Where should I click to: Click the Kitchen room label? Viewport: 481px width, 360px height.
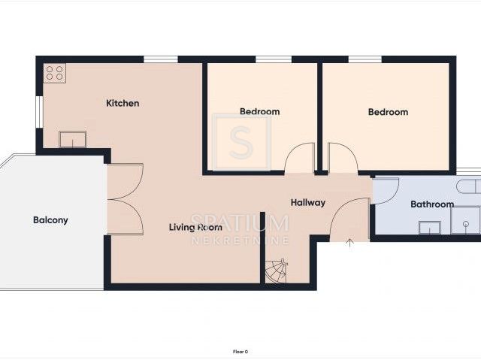click(x=123, y=103)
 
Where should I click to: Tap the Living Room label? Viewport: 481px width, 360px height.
click(x=195, y=227)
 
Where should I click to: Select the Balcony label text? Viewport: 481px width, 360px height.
click(x=50, y=220)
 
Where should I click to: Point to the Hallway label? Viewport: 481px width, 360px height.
click(x=308, y=202)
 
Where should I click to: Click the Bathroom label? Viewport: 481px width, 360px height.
click(x=432, y=204)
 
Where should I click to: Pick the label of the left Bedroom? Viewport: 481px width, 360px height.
click(x=259, y=111)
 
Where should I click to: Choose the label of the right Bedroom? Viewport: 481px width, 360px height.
click(x=388, y=112)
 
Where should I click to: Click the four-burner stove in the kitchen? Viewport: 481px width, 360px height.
click(x=55, y=73)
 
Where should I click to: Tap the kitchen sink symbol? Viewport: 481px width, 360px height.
click(x=73, y=140)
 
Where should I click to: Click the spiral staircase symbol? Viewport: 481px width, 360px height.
click(x=276, y=271)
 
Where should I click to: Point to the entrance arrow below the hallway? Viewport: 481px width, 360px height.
click(x=350, y=243)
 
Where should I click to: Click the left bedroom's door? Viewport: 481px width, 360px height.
click(x=300, y=159)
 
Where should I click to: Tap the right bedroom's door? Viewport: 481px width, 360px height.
click(x=343, y=159)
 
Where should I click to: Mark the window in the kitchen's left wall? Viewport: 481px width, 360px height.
click(x=39, y=112)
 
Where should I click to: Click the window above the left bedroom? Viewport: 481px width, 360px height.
click(x=274, y=59)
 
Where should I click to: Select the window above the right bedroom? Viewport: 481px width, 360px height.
click(x=365, y=59)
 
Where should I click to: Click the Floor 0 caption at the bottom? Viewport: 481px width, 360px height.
click(x=240, y=352)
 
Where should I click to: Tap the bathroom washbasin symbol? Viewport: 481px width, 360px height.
click(x=430, y=228)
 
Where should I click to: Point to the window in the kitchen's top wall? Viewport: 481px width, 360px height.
click(x=161, y=59)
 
